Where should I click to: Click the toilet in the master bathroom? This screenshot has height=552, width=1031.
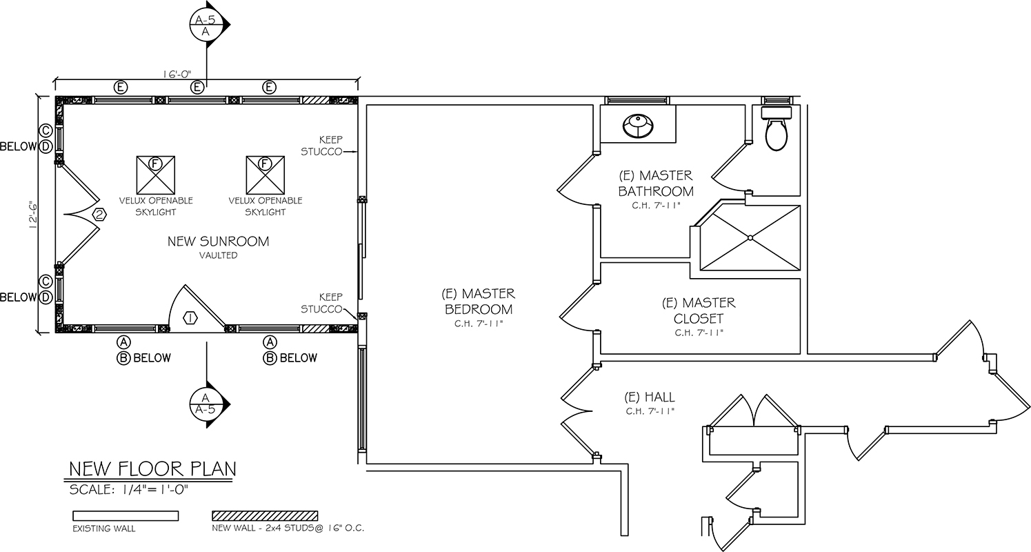pyautogui.click(x=776, y=129)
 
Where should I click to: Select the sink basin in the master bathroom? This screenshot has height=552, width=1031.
pyautogui.click(x=638, y=126)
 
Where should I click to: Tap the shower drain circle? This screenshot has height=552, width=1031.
pyautogui.click(x=750, y=237)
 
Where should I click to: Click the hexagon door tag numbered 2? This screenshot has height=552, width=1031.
pyautogui.click(x=99, y=215)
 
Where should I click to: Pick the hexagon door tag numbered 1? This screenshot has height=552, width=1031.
pyautogui.click(x=190, y=317)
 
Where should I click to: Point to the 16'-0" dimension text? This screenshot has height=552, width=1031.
pyautogui.click(x=177, y=74)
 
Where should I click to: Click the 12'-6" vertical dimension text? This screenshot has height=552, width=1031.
pyautogui.click(x=32, y=215)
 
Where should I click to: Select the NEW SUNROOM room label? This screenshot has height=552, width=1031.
pyautogui.click(x=218, y=241)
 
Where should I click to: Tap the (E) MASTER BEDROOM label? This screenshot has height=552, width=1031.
pyautogui.click(x=479, y=301)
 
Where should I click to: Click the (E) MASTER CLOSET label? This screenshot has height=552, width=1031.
pyautogui.click(x=699, y=310)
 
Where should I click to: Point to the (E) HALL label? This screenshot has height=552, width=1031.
pyautogui.click(x=650, y=397)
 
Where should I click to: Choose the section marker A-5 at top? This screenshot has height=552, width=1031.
pyautogui.click(x=206, y=25)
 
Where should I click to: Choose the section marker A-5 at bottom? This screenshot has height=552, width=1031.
pyautogui.click(x=206, y=404)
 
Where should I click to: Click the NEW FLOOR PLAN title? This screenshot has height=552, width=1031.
pyautogui.click(x=152, y=469)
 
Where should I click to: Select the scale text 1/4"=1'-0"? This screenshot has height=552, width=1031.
pyautogui.click(x=154, y=490)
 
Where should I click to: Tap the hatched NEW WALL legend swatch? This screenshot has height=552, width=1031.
pyautogui.click(x=265, y=515)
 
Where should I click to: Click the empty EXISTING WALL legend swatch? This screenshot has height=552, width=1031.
pyautogui.click(x=126, y=515)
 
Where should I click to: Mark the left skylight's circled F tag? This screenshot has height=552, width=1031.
pyautogui.click(x=156, y=164)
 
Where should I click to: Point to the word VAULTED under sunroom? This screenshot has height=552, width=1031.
pyautogui.click(x=218, y=255)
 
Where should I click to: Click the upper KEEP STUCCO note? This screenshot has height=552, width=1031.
pyautogui.click(x=322, y=146)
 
